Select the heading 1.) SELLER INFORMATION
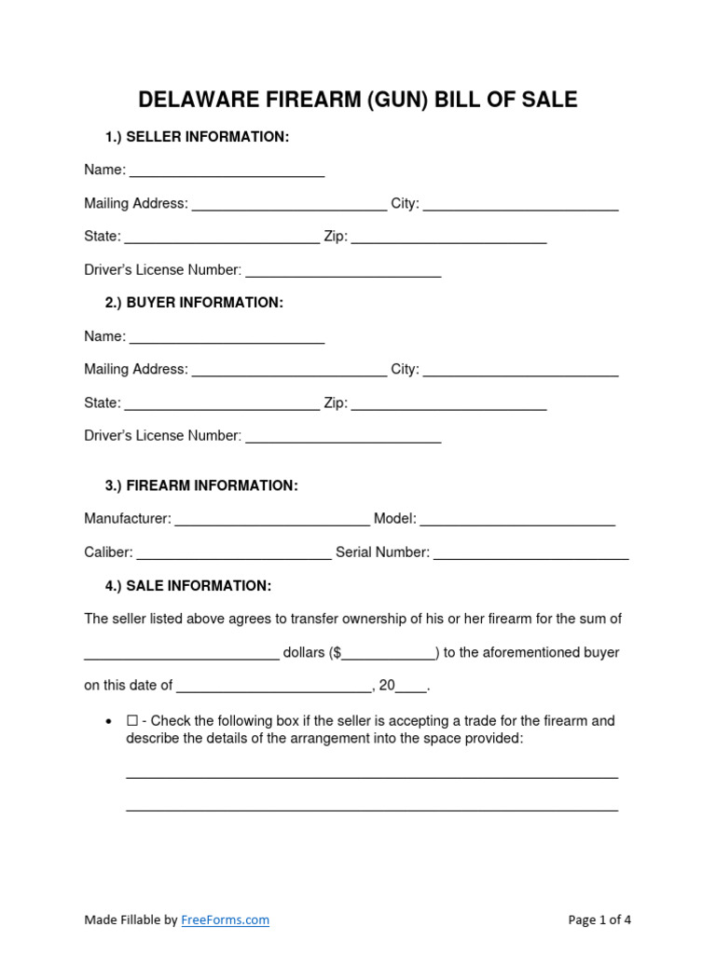(197, 137)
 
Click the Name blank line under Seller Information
(227, 171)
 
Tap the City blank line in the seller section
(520, 205)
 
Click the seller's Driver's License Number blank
(342, 271)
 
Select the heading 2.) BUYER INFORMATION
(194, 303)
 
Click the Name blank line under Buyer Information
(227, 337)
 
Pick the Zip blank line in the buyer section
(448, 404)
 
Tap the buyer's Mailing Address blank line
(289, 371)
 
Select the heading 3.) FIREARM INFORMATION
(201, 485)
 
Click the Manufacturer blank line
(272, 520)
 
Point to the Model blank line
(517, 520)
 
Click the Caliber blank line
(234, 553)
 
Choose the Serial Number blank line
(530, 553)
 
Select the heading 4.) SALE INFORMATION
(188, 586)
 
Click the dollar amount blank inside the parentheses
(389, 654)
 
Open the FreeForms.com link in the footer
(225, 920)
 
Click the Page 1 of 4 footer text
(599, 920)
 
